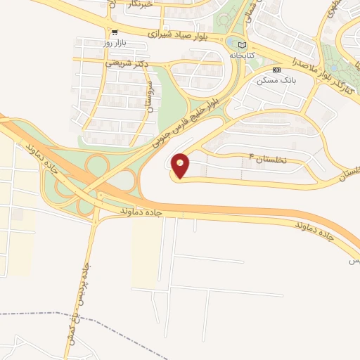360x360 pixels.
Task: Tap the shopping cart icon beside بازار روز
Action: [x=114, y=32]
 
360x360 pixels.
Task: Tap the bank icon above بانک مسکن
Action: [x=276, y=70]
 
